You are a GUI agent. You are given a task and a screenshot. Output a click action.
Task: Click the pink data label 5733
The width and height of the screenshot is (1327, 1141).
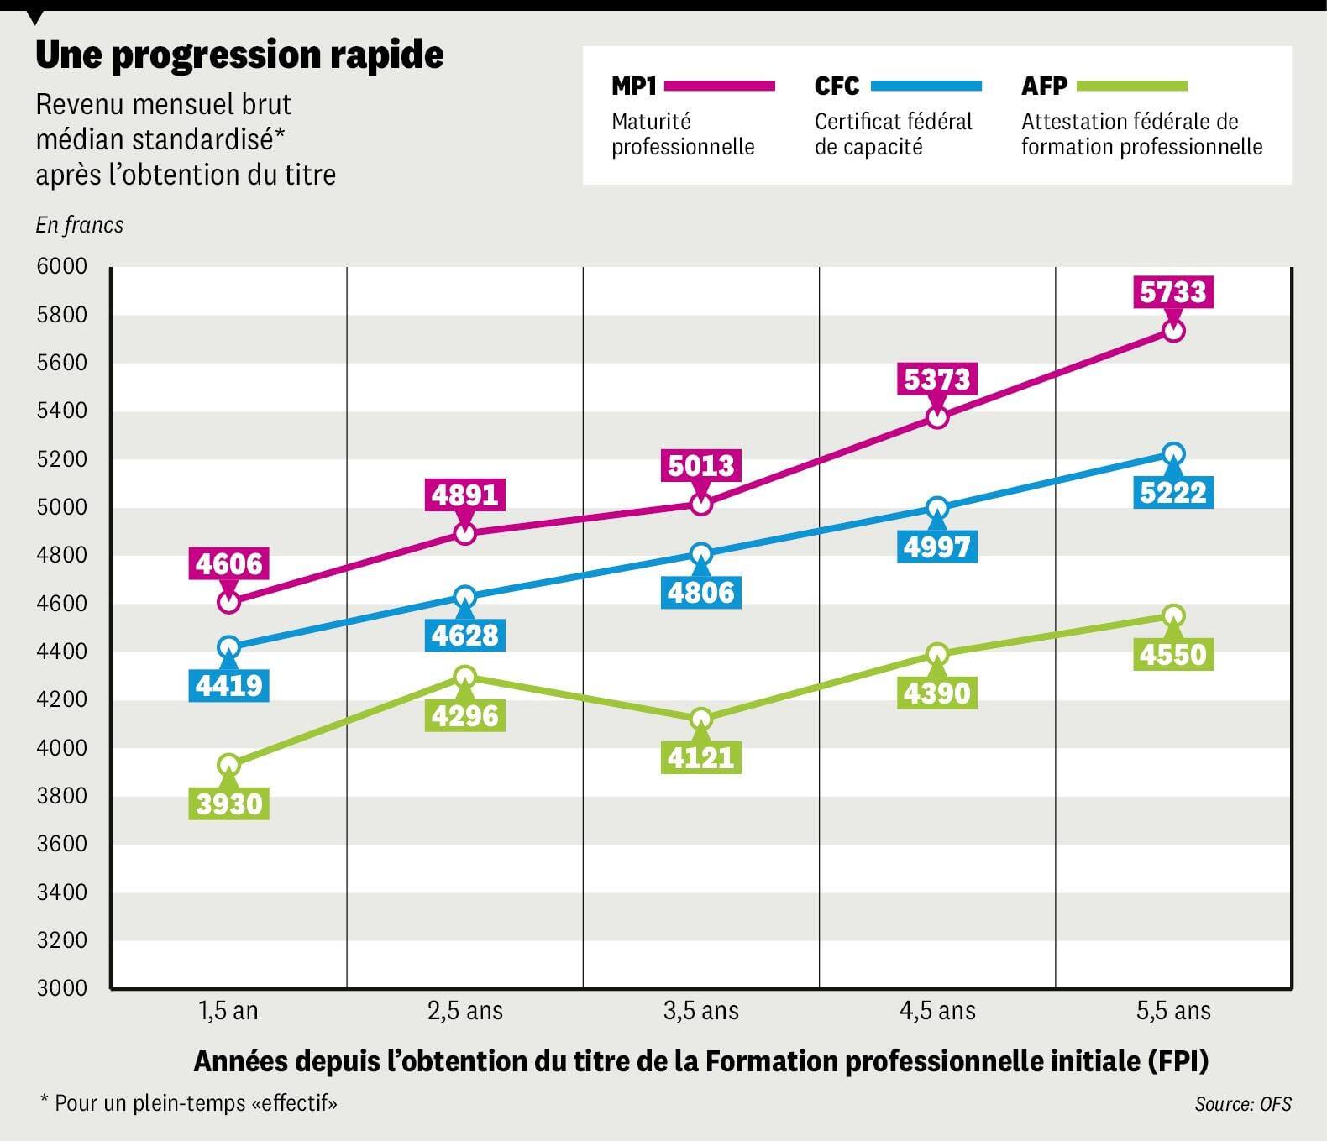(1173, 292)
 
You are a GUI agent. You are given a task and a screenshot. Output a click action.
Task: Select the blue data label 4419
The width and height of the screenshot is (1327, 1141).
(229, 686)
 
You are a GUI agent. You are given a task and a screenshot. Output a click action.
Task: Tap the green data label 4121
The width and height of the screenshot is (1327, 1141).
(701, 758)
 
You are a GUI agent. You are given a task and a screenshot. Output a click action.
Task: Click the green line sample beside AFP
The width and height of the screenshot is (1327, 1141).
(1132, 86)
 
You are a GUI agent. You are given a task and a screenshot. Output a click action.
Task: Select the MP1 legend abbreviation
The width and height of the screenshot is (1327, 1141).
(634, 86)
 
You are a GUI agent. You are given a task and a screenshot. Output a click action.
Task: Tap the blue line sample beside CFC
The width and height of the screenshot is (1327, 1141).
(926, 86)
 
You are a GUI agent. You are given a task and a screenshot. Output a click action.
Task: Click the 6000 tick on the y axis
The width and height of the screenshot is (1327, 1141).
(62, 267)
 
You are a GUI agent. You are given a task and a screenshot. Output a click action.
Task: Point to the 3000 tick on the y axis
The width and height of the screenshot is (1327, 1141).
(62, 988)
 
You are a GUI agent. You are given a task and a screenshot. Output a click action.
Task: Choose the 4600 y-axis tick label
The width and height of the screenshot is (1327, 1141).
(62, 604)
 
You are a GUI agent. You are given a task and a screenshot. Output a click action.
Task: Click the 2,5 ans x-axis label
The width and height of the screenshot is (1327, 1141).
(465, 1010)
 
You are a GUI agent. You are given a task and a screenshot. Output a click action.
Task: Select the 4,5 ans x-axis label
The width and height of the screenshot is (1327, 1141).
(937, 1010)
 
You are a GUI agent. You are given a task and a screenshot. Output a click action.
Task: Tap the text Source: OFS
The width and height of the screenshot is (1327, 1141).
(1243, 1104)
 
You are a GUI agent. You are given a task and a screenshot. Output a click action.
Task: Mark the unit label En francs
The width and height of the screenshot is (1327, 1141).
(80, 225)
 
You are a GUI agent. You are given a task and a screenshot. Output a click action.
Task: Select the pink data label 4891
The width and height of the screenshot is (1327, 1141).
(465, 495)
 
